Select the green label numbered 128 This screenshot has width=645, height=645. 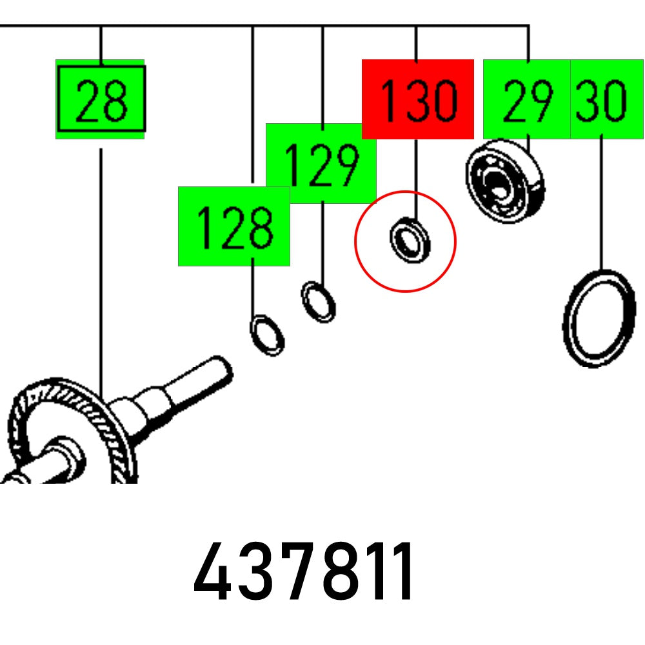[233, 226]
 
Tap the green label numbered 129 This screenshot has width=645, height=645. [321, 163]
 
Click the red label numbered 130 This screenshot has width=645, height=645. [418, 99]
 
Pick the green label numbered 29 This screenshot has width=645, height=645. [527, 99]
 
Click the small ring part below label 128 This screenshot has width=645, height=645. [267, 335]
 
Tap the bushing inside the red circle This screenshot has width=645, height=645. [410, 239]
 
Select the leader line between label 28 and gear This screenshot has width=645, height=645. [101, 271]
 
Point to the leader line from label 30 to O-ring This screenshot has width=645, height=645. [602, 203]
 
